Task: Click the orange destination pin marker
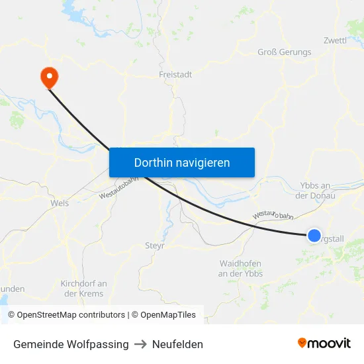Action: point(49,77)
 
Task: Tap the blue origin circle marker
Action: point(314,235)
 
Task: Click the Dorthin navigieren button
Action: point(182,162)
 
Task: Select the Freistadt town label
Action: point(175,75)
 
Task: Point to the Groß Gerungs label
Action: point(284,52)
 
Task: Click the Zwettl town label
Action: point(335,40)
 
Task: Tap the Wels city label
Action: point(60,204)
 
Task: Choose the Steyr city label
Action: point(154,246)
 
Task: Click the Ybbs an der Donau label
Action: point(314,191)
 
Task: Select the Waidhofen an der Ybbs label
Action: point(241,268)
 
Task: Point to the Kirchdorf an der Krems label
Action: point(83,289)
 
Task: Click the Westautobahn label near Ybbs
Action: point(272,215)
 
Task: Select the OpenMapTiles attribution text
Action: point(166,315)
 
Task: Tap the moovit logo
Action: point(324,343)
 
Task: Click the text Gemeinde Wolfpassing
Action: point(71,344)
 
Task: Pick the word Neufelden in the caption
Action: point(177,344)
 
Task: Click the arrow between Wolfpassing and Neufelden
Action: point(140,344)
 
